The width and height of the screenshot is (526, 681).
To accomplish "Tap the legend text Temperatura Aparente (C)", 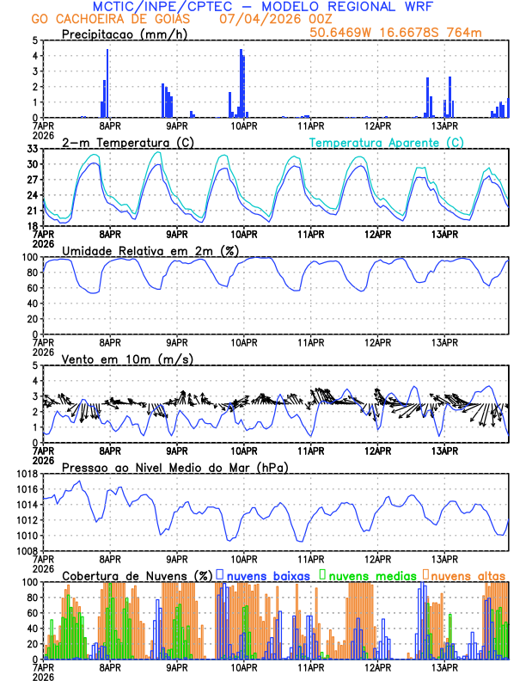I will [386, 142].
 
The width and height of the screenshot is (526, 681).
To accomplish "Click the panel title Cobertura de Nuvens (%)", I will [137, 575].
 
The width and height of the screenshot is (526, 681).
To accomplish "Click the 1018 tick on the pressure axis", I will [27, 474].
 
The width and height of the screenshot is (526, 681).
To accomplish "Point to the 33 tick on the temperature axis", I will [32, 149].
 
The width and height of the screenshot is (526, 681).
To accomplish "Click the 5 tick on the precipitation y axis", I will [34, 40].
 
